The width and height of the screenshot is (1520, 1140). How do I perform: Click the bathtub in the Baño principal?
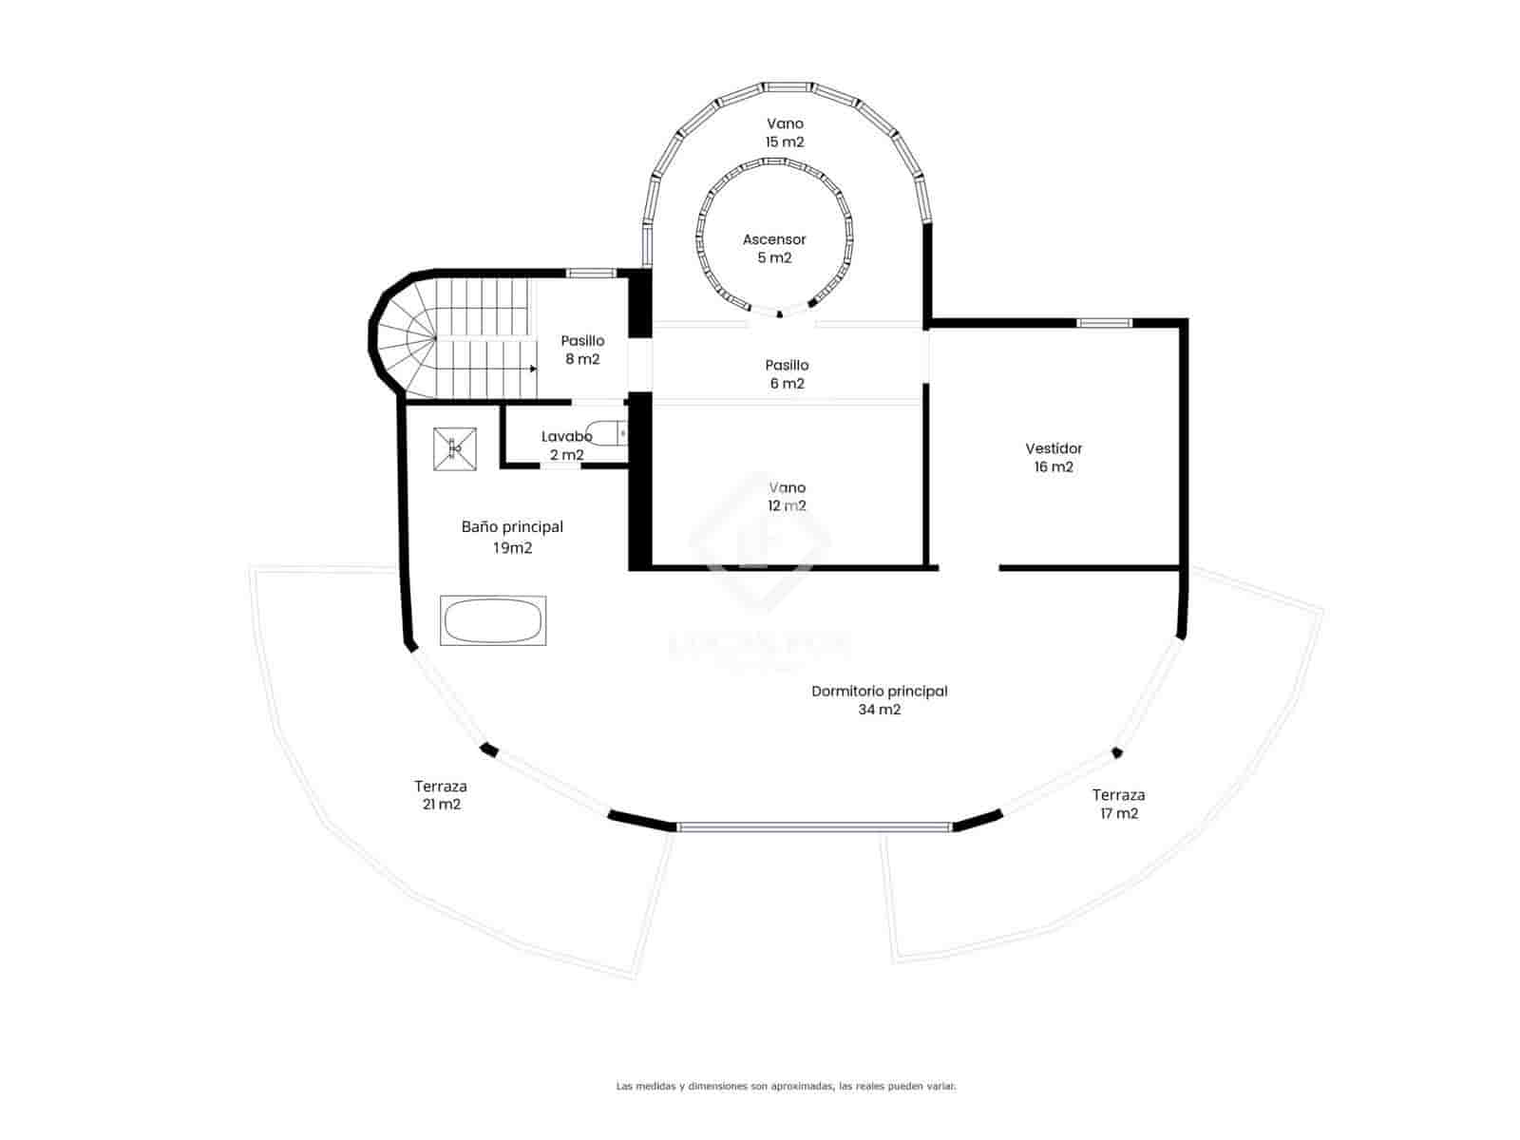pyautogui.click(x=493, y=621)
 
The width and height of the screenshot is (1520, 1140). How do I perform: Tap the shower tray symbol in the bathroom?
pyautogui.click(x=454, y=448)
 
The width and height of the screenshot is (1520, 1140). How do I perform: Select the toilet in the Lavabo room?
pyautogui.click(x=607, y=433)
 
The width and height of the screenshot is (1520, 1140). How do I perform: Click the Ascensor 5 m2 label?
pyautogui.click(x=774, y=249)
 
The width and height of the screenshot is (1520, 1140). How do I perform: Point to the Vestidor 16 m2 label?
pyautogui.click(x=1054, y=457)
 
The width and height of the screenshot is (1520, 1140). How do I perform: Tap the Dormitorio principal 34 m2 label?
pyautogui.click(x=879, y=700)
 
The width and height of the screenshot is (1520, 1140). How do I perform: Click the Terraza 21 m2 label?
pyautogui.click(x=441, y=795)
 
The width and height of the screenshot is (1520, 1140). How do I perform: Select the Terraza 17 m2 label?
pyautogui.click(x=1118, y=804)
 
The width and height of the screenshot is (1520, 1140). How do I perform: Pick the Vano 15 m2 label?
pyautogui.click(x=785, y=132)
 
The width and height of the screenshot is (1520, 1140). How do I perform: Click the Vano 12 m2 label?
pyautogui.click(x=787, y=496)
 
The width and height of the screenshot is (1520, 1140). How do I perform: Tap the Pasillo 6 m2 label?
pyautogui.click(x=787, y=374)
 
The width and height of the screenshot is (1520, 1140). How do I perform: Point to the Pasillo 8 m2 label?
pyautogui.click(x=582, y=350)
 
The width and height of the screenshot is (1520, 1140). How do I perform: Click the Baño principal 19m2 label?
pyautogui.click(x=512, y=537)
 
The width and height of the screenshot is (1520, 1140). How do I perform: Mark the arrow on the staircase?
pyautogui.click(x=533, y=369)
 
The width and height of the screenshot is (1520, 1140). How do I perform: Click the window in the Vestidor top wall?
pyautogui.click(x=1104, y=323)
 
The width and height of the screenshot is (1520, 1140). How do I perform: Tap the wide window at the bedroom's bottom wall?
pyautogui.click(x=814, y=827)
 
